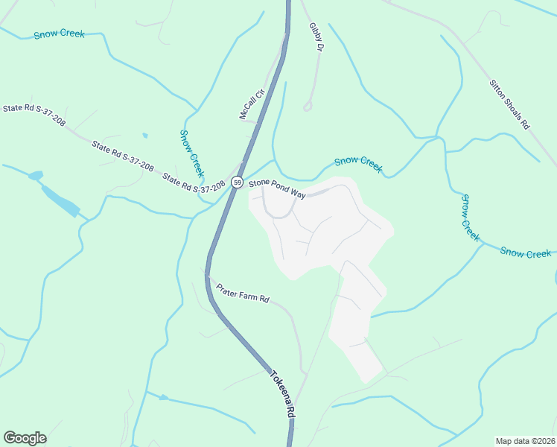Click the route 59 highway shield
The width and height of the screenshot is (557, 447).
pyautogui.click(x=237, y=182)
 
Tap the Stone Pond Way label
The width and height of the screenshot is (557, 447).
pyautogui.click(x=278, y=188)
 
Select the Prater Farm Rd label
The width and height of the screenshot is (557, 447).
pyautogui.click(x=242, y=293)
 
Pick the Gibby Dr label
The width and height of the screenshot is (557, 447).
pyautogui.click(x=316, y=37)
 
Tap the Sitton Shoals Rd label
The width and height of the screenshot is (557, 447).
pyautogui.click(x=509, y=104)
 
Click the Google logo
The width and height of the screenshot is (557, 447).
pyautogui.click(x=25, y=438)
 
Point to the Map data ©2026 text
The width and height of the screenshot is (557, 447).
pyautogui.click(x=524, y=441)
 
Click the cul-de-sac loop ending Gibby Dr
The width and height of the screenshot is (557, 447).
pyautogui.click(x=308, y=107)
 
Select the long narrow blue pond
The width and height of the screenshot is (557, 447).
pyautogui.click(x=60, y=200)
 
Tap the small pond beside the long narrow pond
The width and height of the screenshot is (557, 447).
pyautogui.click(x=35, y=176)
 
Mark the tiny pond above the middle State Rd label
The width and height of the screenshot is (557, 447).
pyautogui.click(x=144, y=136)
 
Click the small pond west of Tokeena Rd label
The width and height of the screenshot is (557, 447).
pyautogui.click(x=163, y=397)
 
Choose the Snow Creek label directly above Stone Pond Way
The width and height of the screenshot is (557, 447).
pyautogui.click(x=358, y=164)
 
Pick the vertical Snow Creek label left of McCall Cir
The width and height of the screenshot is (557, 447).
pyautogui.click(x=191, y=153)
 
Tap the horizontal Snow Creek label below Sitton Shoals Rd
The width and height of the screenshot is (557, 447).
pyautogui.click(x=526, y=253)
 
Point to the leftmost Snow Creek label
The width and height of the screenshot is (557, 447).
pyautogui.click(x=59, y=34)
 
